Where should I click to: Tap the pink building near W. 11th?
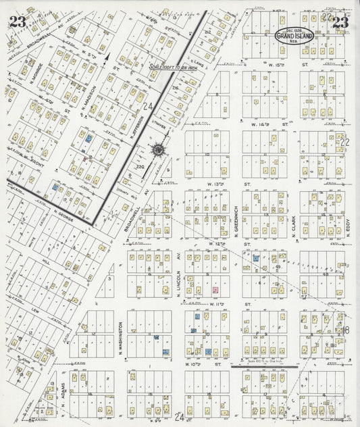tap(215, 290)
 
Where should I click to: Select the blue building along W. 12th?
tap(256, 258)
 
